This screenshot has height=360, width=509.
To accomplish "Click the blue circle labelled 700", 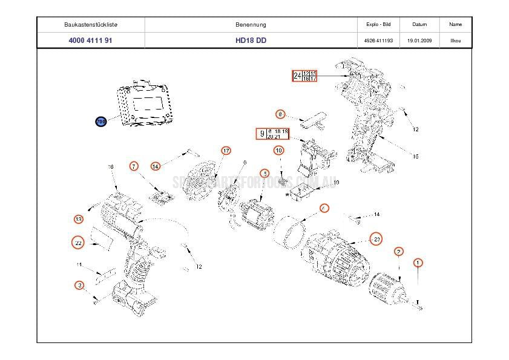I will (100, 122).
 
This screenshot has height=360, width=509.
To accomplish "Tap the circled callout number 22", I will (77, 243).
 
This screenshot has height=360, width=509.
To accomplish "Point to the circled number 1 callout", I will (418, 263).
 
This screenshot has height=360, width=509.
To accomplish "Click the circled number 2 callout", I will (399, 251).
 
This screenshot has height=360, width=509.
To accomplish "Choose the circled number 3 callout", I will (79, 285).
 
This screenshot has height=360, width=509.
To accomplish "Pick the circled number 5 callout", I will (264, 174).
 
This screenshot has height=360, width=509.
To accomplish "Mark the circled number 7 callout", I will (134, 166).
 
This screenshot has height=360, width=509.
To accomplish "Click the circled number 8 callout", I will (280, 114).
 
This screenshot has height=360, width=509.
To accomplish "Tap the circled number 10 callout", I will (278, 150).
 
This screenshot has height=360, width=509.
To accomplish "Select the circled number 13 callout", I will (79, 218).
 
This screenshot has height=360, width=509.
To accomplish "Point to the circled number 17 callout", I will (226, 151).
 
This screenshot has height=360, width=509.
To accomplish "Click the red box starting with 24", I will (304, 76).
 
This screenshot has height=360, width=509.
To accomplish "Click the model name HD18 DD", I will (251, 41).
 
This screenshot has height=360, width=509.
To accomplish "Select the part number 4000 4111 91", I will (90, 41).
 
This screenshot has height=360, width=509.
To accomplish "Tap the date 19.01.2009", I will (419, 41).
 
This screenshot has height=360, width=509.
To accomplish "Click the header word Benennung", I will (251, 25).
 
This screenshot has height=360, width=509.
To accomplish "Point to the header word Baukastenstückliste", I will (90, 25).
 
